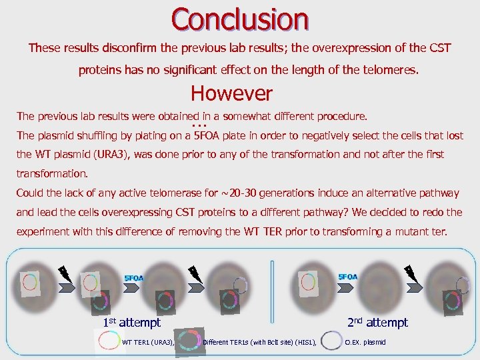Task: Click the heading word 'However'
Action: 231,93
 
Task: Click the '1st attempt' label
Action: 131,322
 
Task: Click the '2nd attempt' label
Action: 377,322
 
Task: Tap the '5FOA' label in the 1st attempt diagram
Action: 134,277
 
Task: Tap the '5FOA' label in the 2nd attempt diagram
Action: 347,277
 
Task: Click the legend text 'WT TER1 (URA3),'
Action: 148,342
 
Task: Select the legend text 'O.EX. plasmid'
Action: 365,342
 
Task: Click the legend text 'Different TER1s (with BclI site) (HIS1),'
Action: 259,342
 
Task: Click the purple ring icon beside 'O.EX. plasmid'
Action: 331,341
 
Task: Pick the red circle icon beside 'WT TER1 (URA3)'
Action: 108,341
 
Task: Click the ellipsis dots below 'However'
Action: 199,126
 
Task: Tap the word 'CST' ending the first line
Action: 441,49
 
